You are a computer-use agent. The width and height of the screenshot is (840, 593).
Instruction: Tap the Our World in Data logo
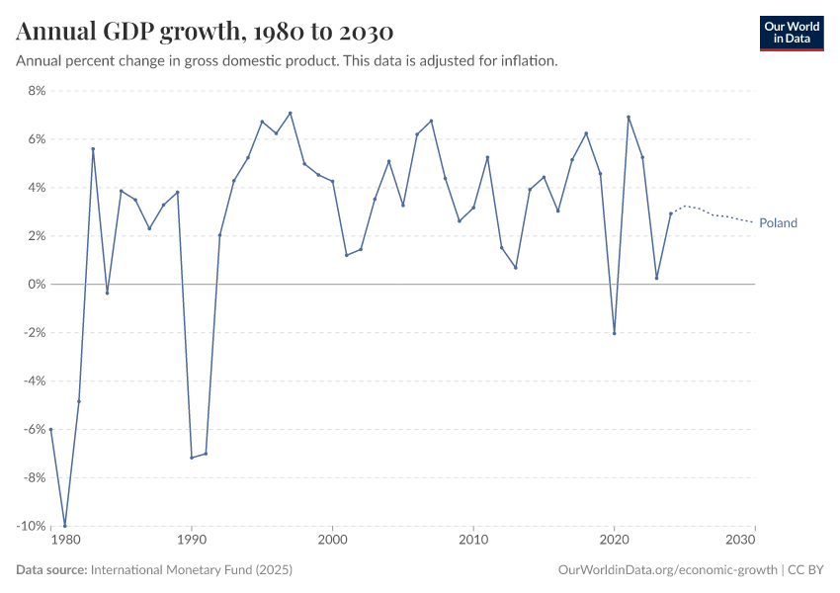click(x=791, y=33)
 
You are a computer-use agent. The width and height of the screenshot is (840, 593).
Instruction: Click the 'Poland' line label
click(x=778, y=223)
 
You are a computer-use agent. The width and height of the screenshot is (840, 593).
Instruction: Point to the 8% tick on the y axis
click(x=37, y=91)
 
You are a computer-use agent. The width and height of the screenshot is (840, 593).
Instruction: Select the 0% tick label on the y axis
click(x=37, y=285)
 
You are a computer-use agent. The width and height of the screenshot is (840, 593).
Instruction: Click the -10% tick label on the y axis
click(x=32, y=526)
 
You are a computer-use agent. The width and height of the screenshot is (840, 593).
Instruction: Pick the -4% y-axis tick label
click(x=34, y=381)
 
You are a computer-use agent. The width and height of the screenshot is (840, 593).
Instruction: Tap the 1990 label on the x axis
click(x=192, y=541)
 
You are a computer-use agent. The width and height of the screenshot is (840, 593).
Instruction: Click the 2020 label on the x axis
click(x=615, y=541)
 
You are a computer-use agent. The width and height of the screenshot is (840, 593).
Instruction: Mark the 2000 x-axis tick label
click(x=332, y=541)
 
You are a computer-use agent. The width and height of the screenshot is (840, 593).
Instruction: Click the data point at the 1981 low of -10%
click(x=65, y=526)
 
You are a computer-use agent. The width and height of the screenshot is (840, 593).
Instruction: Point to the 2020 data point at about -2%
click(x=614, y=333)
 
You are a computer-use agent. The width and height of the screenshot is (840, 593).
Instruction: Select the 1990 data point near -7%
click(x=192, y=458)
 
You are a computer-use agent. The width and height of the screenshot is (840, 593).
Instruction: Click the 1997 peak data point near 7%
click(x=290, y=113)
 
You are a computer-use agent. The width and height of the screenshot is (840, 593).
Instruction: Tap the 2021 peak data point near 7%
click(x=629, y=117)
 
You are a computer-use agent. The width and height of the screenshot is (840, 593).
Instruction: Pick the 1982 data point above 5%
click(x=93, y=149)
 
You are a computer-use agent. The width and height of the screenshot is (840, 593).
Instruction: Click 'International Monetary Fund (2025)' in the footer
click(x=191, y=570)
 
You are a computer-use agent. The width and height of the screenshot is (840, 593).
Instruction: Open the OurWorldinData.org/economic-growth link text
click(x=669, y=570)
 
